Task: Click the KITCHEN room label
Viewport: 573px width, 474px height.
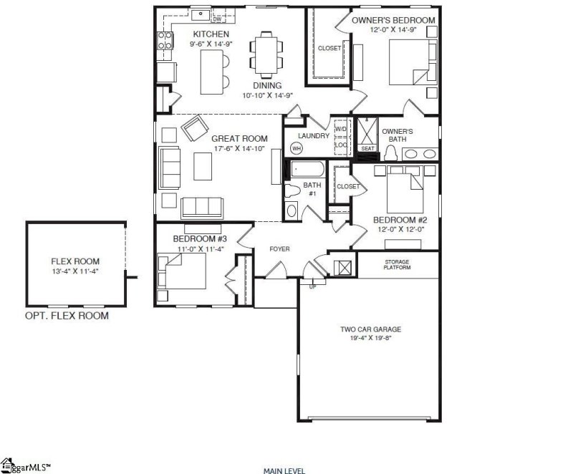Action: coord(211,34)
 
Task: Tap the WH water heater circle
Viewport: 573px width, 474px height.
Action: coord(296,148)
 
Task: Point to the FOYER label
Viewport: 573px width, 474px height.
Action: coord(279,249)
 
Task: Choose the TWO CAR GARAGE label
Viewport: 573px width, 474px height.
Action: coord(370,329)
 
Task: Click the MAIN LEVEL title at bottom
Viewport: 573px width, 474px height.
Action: coord(284,470)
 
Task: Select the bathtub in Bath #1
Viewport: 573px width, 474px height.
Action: coord(306,171)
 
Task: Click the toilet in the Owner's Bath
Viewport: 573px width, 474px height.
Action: coord(391,152)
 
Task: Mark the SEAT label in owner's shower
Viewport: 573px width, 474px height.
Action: coord(367,148)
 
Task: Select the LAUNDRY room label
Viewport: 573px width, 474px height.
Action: coord(313,136)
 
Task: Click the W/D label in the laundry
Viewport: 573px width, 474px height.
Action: coord(341,130)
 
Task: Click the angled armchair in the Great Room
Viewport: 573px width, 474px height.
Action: coord(194,130)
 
